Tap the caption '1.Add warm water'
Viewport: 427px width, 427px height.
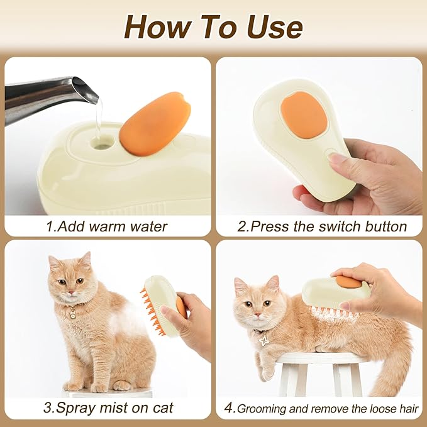pyautogui.click(x=107, y=226)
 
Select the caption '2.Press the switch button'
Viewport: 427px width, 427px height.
pyautogui.click(x=322, y=226)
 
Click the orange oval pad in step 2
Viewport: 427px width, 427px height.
pyautogui.click(x=302, y=115)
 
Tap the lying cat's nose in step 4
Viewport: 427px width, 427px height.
pyautogui.click(x=247, y=314)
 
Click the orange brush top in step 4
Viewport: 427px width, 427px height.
pyautogui.click(x=348, y=282)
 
